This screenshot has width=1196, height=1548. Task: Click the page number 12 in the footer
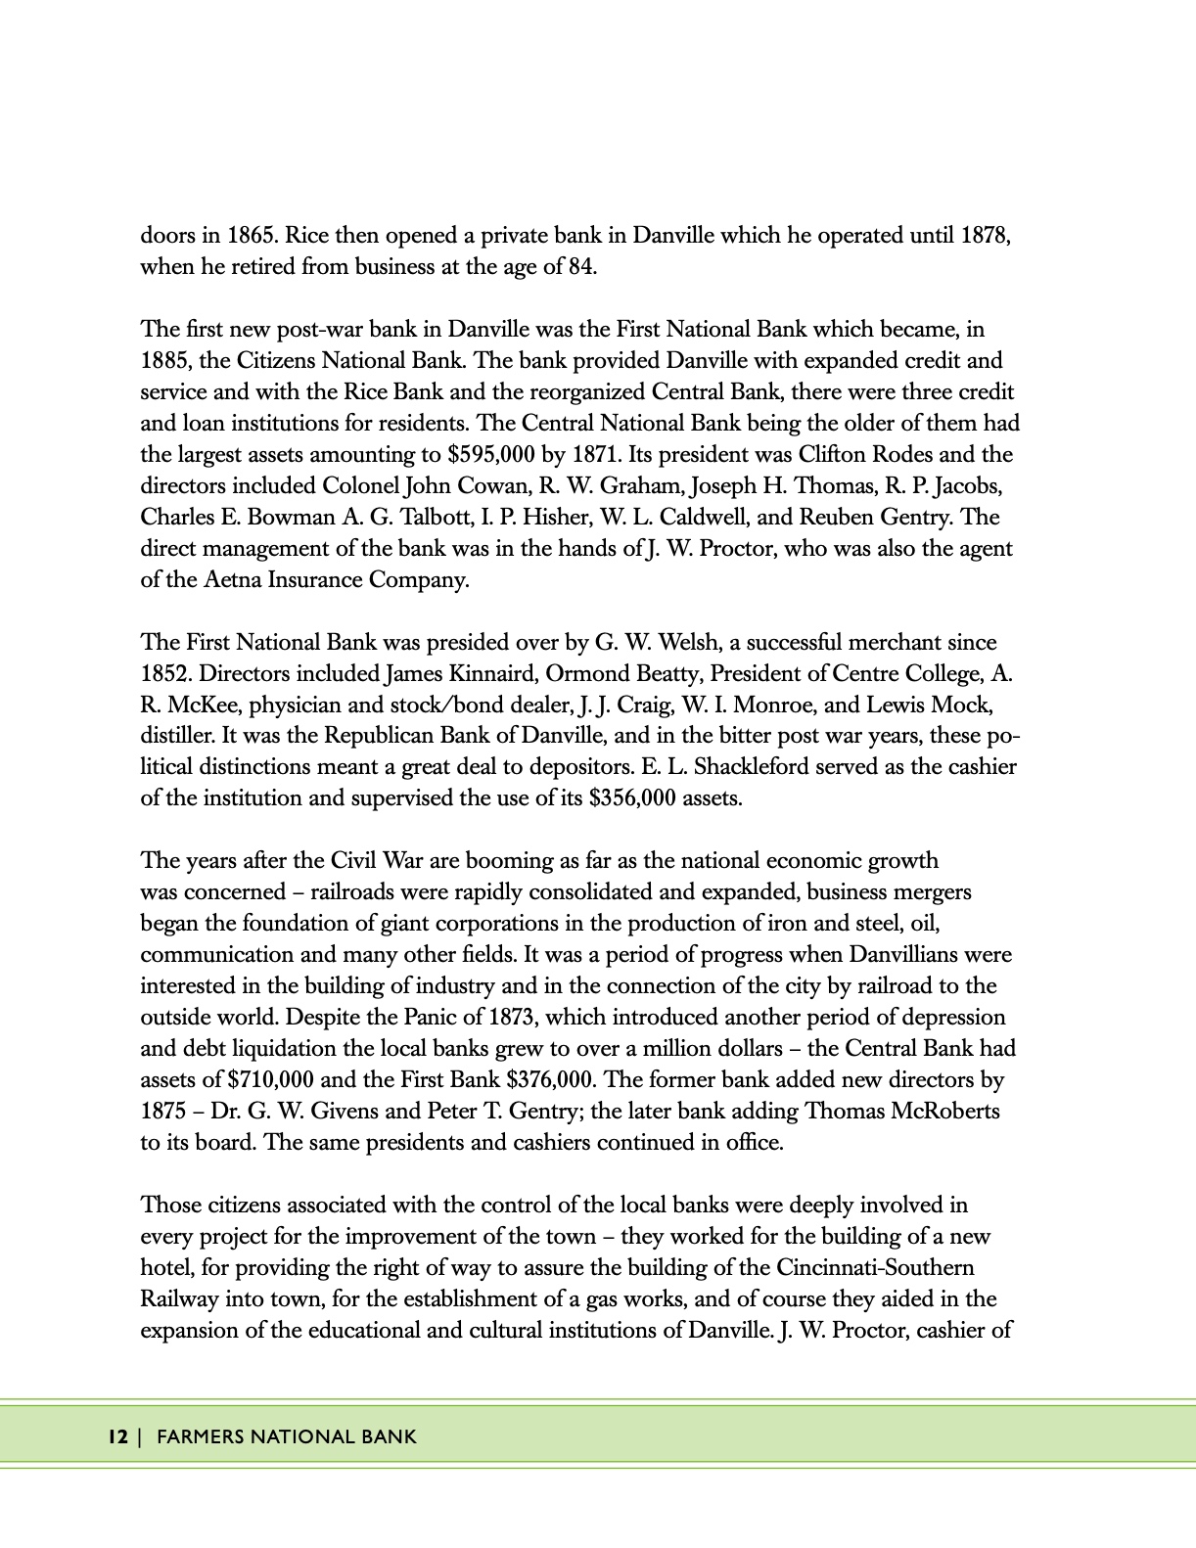pos(117,1437)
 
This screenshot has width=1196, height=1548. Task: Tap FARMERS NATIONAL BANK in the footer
pos(287,1437)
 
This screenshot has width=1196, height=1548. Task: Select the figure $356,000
pos(633,798)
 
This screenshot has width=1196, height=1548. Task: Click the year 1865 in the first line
pos(252,236)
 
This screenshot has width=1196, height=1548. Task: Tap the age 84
pos(581,267)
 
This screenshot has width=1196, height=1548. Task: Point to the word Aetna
pos(233,580)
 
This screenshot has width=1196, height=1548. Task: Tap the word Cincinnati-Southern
pos(875,1268)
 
